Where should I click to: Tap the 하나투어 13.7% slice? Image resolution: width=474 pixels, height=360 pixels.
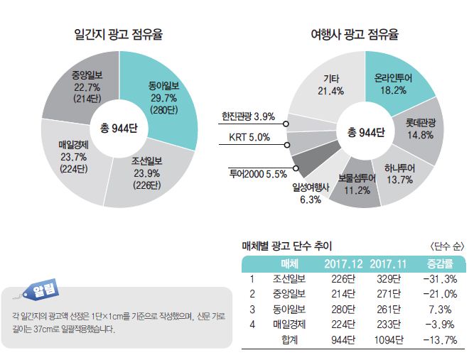[398, 174]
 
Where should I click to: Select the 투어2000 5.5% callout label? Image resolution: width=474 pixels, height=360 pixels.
[257, 173]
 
